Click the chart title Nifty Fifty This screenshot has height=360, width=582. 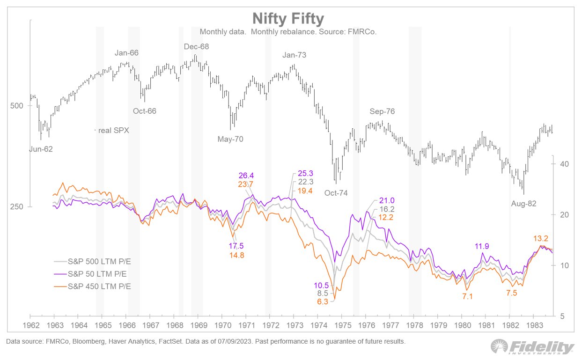point(288,19)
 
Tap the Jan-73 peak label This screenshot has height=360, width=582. point(295,55)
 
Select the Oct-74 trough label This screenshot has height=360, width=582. point(336,192)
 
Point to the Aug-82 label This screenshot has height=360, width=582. point(523,204)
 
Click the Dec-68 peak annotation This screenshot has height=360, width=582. point(196,46)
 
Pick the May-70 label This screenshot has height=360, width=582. point(230,139)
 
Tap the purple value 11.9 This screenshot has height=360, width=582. point(483,246)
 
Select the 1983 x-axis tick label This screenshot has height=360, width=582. point(533,324)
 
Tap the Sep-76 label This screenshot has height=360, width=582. point(382,111)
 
